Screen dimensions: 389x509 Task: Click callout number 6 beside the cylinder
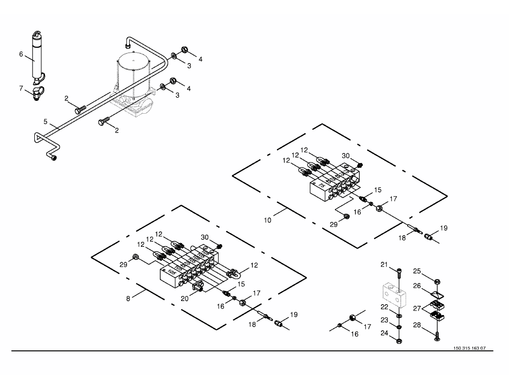(21, 54)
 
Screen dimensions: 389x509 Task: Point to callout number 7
(21, 88)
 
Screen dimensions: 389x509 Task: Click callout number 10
(267, 219)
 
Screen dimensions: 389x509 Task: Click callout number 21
(383, 265)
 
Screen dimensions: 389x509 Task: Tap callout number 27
(417, 309)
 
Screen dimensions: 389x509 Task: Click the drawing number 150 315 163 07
(469, 348)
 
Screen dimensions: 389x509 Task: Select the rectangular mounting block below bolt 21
(393, 295)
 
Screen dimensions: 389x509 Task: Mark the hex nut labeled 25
(437, 280)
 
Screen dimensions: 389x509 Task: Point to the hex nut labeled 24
(399, 340)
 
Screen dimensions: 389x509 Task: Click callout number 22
(383, 307)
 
